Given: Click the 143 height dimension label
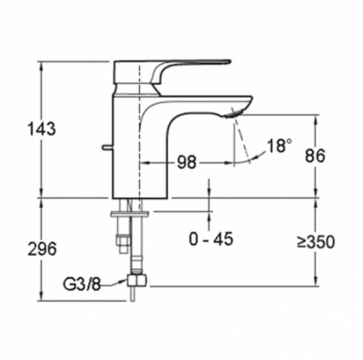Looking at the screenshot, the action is click(x=42, y=129).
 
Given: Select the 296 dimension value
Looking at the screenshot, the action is click(x=42, y=248).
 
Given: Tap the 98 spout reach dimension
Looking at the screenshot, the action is click(x=187, y=163).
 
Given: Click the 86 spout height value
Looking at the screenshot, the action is click(x=315, y=155).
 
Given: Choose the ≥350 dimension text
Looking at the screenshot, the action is click(x=316, y=242).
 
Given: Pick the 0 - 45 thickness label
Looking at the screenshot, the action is click(x=211, y=239).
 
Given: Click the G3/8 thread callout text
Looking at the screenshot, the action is click(x=82, y=284).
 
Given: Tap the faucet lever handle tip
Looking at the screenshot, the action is click(x=229, y=61).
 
